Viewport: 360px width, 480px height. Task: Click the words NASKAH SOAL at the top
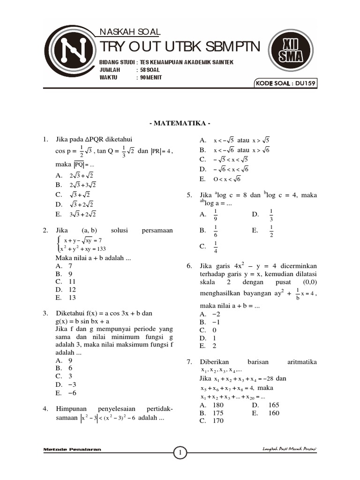point(130,32)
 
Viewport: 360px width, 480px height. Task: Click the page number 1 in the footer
point(180,452)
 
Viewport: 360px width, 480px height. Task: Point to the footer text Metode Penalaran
point(72,450)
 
